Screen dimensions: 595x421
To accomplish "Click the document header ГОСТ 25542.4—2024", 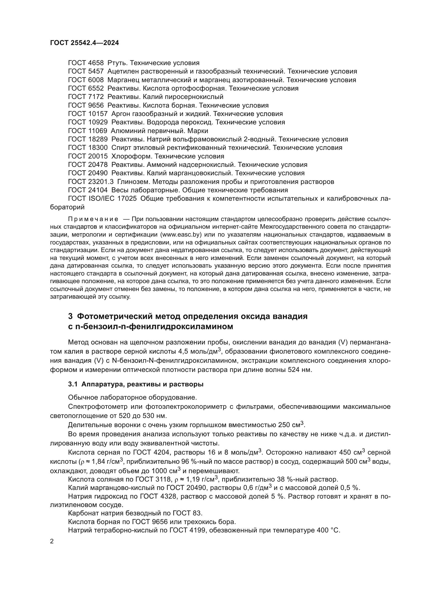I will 85,43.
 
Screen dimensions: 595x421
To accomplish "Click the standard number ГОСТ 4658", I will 86,63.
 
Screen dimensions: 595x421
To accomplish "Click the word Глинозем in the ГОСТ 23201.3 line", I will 133,182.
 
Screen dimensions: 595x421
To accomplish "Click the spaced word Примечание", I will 93,219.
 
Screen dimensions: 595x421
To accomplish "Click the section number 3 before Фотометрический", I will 70,316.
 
